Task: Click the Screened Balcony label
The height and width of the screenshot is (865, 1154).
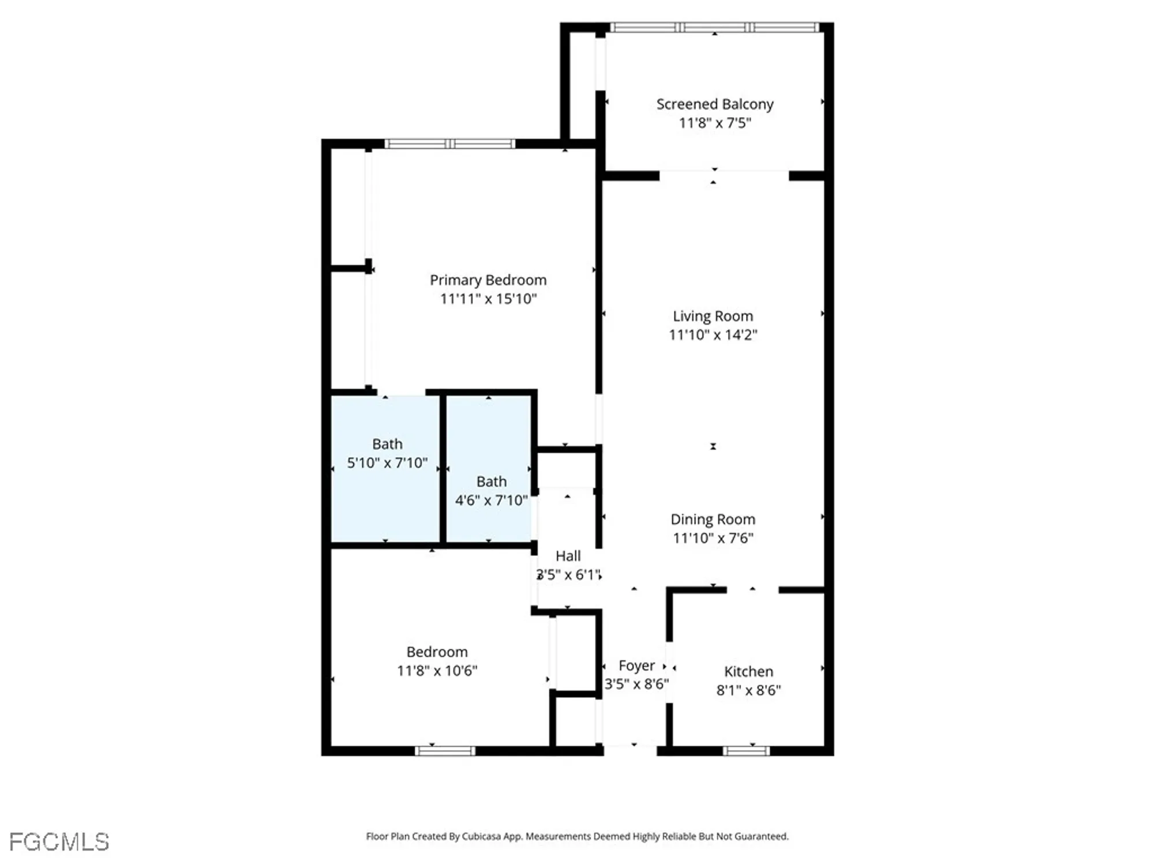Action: pyautogui.click(x=714, y=104)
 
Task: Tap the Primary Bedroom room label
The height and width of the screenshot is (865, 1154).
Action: pyautogui.click(x=488, y=280)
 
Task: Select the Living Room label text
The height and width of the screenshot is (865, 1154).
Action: pyautogui.click(x=713, y=316)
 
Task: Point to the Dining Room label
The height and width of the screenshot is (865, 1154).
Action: pyautogui.click(x=713, y=519)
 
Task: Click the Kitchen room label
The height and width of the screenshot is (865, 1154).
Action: pyautogui.click(x=748, y=671)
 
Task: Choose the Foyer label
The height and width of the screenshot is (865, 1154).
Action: pyautogui.click(x=636, y=665)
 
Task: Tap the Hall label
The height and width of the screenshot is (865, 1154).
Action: pyautogui.click(x=568, y=556)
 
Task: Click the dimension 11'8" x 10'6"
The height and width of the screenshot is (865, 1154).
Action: pyautogui.click(x=437, y=671)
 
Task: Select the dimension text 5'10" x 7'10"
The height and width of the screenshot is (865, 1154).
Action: pyautogui.click(x=387, y=463)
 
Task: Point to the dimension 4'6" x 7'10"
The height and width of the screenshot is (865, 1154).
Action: pyautogui.click(x=491, y=500)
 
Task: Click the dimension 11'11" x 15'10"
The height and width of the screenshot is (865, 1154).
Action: pyautogui.click(x=488, y=299)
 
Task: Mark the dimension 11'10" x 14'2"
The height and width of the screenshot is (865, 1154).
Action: pyautogui.click(x=713, y=335)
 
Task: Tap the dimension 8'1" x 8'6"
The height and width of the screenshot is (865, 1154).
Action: pyautogui.click(x=748, y=690)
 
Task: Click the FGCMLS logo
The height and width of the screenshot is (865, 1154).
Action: pyautogui.click(x=59, y=842)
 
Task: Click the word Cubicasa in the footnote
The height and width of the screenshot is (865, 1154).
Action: pyautogui.click(x=481, y=836)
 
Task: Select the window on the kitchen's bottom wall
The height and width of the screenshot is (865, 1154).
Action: pyautogui.click(x=746, y=751)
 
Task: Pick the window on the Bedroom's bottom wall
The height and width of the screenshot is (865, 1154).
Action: pyautogui.click(x=445, y=751)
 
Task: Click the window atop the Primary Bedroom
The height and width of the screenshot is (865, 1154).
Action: pyautogui.click(x=449, y=144)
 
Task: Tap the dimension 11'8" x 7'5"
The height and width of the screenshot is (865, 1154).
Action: pyautogui.click(x=714, y=123)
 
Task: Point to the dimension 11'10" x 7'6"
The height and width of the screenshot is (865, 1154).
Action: pyautogui.click(x=713, y=538)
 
